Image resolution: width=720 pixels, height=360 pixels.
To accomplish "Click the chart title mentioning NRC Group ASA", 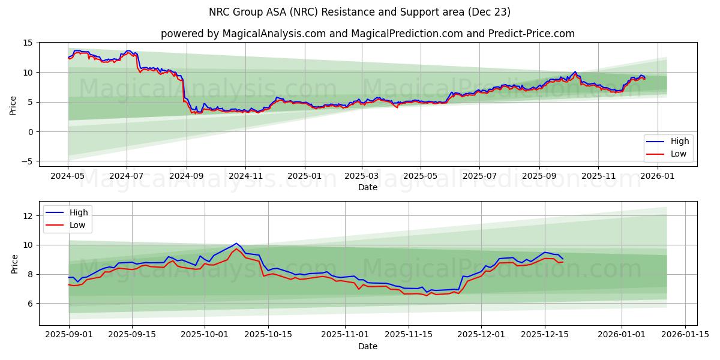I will click(360, 12).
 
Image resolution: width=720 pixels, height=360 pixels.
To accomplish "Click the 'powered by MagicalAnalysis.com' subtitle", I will click(367, 34).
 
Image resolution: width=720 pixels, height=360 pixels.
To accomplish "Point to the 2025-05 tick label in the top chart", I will click(420, 176).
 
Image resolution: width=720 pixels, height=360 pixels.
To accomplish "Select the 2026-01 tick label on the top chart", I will click(657, 176).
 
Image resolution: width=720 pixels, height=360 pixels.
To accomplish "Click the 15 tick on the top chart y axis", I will click(28, 43).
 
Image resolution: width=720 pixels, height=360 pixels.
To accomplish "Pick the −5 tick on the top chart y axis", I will click(26, 161).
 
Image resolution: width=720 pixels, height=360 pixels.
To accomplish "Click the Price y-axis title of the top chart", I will click(13, 104).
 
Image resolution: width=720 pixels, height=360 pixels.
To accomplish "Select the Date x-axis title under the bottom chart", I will click(367, 346).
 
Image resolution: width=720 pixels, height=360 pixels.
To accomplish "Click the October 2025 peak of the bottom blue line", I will click(236, 243).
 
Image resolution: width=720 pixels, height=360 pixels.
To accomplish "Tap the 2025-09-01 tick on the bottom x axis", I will click(68, 334).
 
